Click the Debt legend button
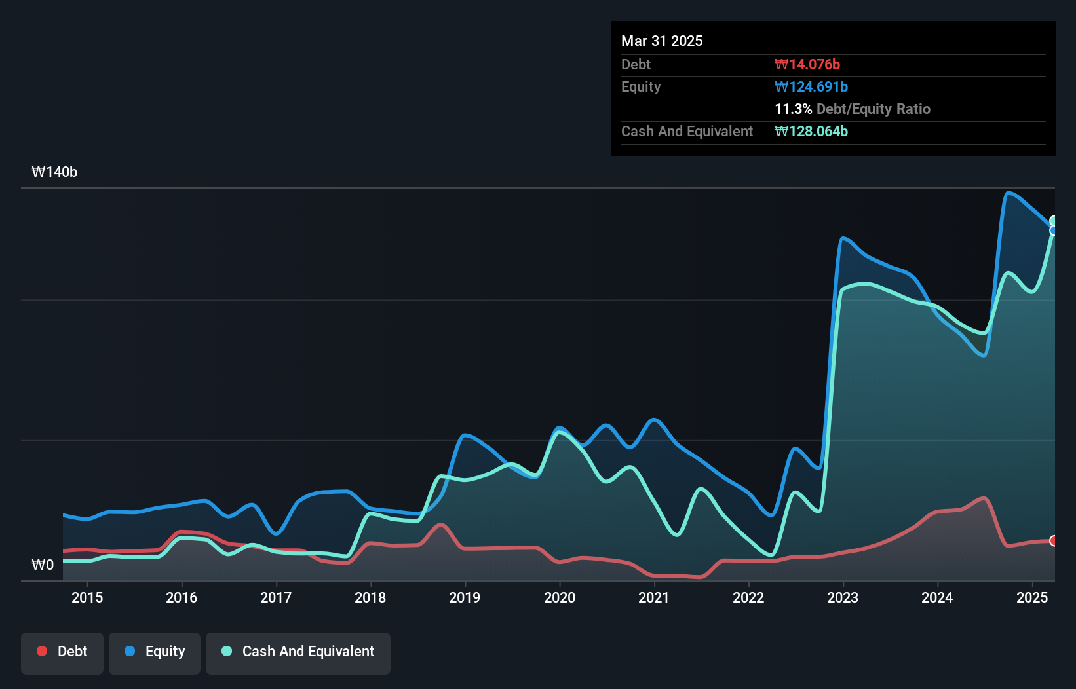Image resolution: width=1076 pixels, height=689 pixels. tap(62, 652)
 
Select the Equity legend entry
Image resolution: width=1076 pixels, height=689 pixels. tap(155, 652)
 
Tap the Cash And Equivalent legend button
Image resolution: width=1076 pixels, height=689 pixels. tap(298, 652)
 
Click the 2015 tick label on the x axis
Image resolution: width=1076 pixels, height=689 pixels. tap(87, 597)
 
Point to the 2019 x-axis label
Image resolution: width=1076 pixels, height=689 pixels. tap(465, 597)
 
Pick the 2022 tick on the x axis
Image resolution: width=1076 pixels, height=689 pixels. tap(748, 597)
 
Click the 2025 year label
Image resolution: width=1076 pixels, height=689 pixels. tap(1031, 597)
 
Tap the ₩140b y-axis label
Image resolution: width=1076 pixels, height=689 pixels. tap(54, 172)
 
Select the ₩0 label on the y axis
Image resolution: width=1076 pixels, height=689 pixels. tap(43, 565)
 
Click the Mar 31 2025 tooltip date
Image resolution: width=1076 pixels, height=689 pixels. tap(662, 41)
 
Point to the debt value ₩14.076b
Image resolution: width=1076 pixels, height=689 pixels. tap(807, 65)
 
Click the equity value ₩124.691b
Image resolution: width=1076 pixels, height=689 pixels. tap(811, 87)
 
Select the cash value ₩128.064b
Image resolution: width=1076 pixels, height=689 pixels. tap(811, 132)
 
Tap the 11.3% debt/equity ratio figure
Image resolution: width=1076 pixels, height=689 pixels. tap(793, 109)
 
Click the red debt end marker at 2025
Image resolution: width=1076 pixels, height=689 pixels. tap(1053, 540)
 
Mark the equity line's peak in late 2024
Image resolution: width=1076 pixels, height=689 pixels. tap(1009, 193)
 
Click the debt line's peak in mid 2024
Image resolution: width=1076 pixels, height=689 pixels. tap(984, 498)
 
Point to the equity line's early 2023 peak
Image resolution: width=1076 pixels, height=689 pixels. tap(843, 238)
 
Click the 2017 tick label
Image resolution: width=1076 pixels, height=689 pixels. tap(276, 597)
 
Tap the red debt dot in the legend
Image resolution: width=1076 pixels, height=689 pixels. tap(42, 651)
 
